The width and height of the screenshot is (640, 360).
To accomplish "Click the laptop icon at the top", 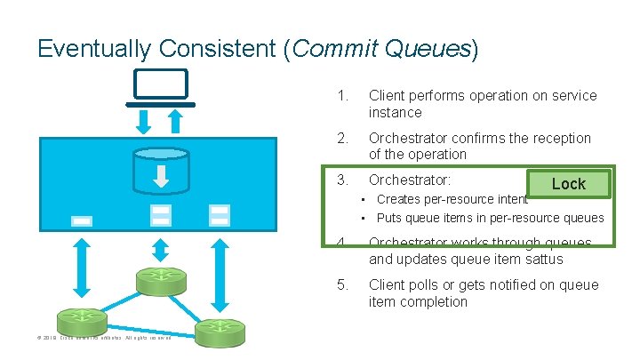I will point(161,85).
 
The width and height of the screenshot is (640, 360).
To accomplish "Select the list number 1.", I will point(342,96).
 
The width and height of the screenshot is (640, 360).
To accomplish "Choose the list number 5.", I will point(342,285).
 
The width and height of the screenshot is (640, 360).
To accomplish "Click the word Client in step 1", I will point(388,96).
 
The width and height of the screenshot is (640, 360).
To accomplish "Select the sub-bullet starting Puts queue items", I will point(490,218).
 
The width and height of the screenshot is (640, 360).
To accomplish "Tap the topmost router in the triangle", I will point(161,280).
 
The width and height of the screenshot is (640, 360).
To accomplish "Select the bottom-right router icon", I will point(219,331).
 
